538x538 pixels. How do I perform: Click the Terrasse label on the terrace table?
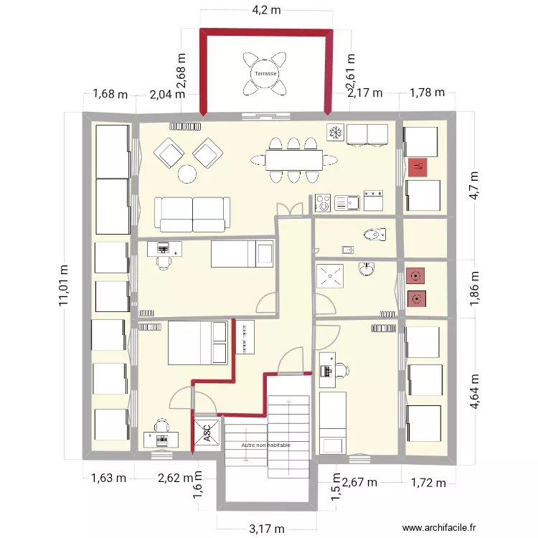click(x=266, y=74)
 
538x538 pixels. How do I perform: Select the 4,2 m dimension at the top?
click(x=265, y=10)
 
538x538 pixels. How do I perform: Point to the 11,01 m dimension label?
click(x=65, y=285)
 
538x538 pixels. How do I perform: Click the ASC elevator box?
click(x=204, y=433)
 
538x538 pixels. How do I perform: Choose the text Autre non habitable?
click(x=267, y=445)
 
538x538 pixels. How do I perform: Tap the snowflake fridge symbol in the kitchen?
click(x=334, y=133)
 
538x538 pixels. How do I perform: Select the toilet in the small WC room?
click(x=374, y=235)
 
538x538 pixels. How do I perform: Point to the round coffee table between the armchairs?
click(x=187, y=174)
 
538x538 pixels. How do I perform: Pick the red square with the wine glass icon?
click(x=417, y=168)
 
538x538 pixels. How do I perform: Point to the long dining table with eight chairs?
click(x=293, y=159)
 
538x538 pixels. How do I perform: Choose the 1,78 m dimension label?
click(x=427, y=93)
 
